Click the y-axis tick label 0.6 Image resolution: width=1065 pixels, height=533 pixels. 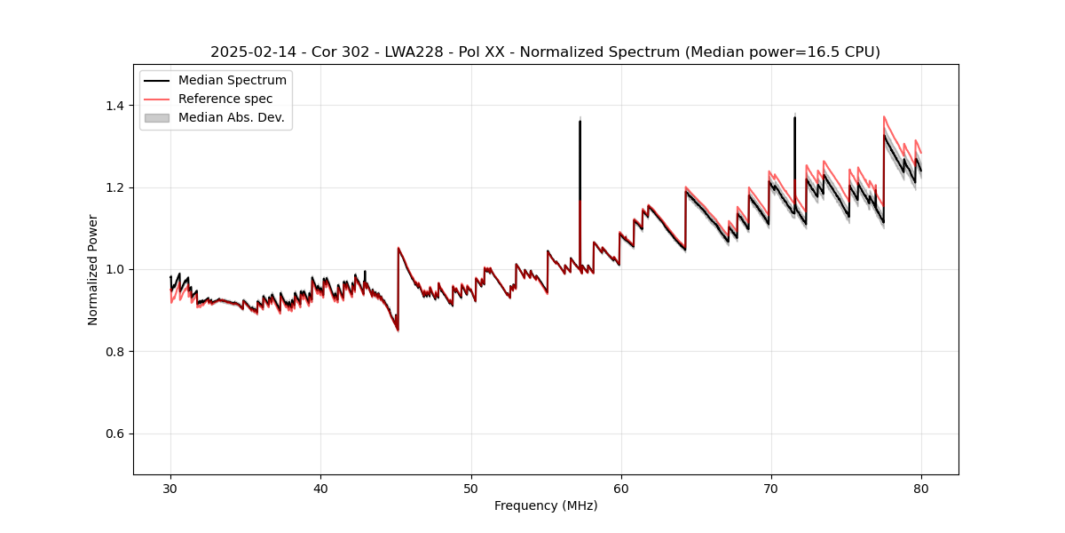pyautogui.click(x=115, y=434)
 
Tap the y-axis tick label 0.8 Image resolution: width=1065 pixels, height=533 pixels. pyautogui.click(x=115, y=352)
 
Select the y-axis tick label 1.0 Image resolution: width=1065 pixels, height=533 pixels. pyautogui.click(x=115, y=269)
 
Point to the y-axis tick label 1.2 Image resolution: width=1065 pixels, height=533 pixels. pyautogui.click(x=115, y=187)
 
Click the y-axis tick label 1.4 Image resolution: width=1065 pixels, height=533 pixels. pyautogui.click(x=115, y=106)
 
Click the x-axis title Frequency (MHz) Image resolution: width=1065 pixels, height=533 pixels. pyautogui.click(x=546, y=505)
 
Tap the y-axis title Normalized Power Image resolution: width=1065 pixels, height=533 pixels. pyautogui.click(x=93, y=269)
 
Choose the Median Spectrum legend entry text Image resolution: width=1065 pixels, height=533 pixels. pyautogui.click(x=232, y=81)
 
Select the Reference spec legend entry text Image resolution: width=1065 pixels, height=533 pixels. pyautogui.click(x=225, y=99)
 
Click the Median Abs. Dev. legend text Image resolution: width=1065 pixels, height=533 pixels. pyautogui.click(x=231, y=117)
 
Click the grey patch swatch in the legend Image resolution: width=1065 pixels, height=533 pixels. pyautogui.click(x=156, y=117)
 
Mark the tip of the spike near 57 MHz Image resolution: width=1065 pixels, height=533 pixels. pyautogui.click(x=580, y=121)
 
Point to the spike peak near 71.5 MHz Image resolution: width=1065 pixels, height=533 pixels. pyautogui.click(x=794, y=117)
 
